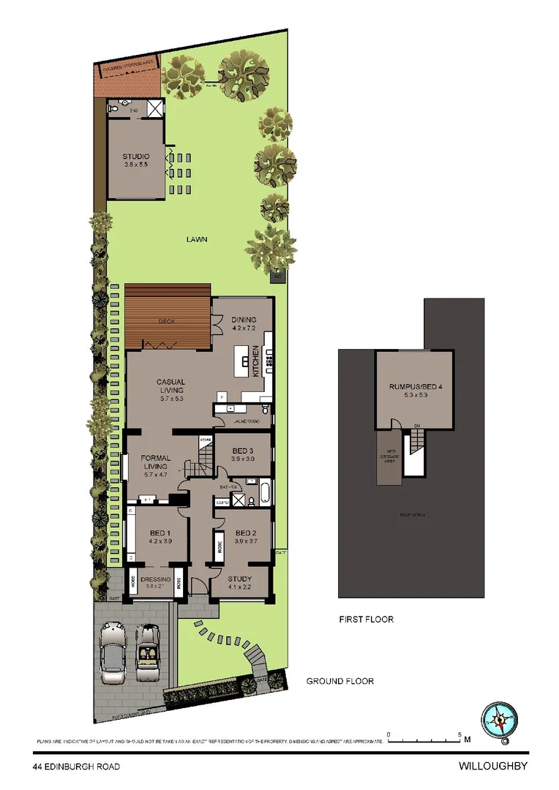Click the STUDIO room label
point(136,157)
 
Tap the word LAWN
point(196,239)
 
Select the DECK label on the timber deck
point(167,321)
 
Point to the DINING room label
point(244,320)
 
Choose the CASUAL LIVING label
point(170,386)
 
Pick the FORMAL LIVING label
point(157,462)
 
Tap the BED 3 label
point(242,450)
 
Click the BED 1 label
point(160,533)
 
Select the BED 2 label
point(242,533)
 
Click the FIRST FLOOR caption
point(366,620)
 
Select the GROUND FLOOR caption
point(339,681)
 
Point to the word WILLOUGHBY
point(492,767)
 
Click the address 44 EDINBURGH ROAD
point(76,767)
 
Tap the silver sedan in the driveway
point(114,653)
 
